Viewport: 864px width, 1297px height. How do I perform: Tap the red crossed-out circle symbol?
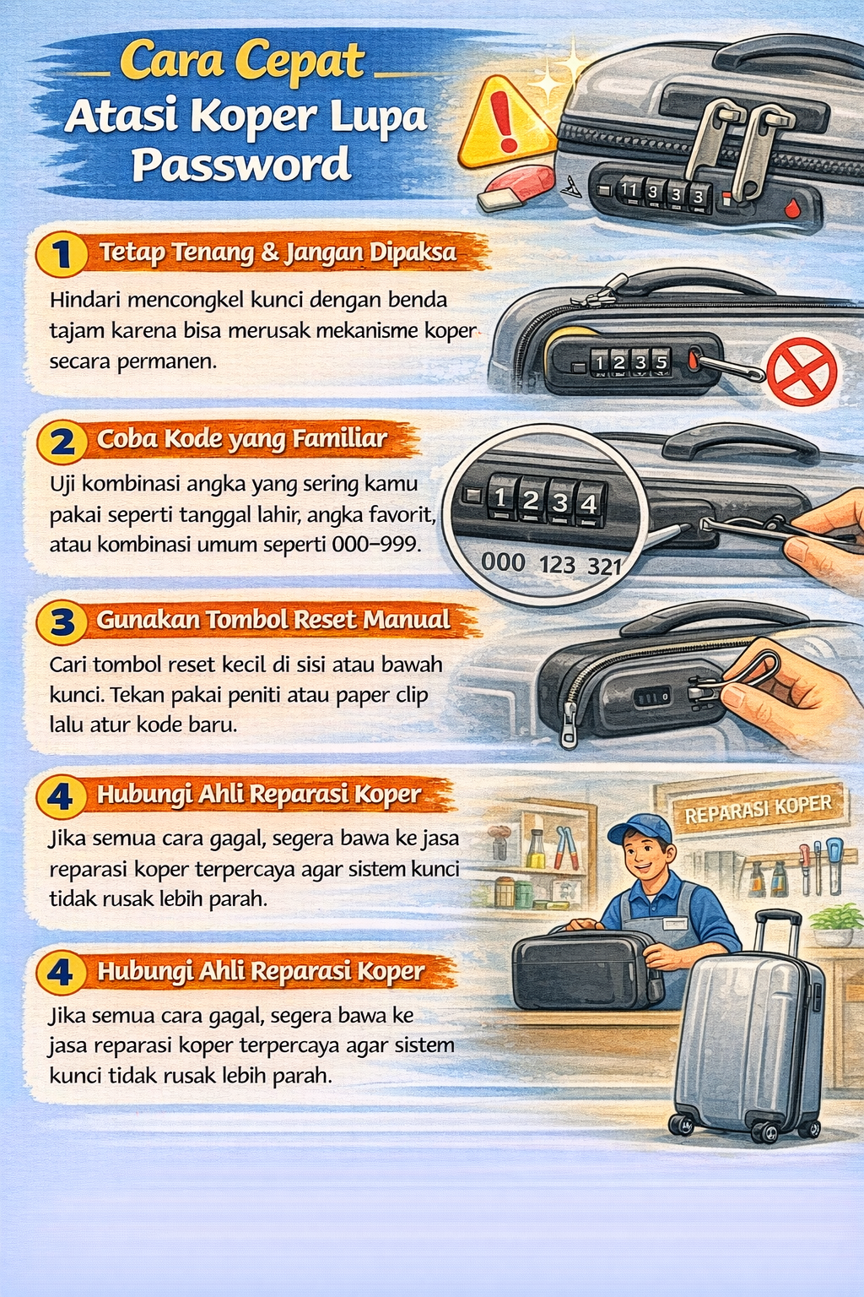[801, 372]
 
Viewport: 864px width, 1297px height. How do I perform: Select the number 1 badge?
[62, 254]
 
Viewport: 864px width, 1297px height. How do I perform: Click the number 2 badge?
[62, 442]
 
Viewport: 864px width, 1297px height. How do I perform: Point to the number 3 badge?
[62, 622]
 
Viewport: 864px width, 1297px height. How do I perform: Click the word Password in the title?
[241, 165]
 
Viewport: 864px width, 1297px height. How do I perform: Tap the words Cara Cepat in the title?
[242, 62]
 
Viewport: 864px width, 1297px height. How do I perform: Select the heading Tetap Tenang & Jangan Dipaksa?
[278, 252]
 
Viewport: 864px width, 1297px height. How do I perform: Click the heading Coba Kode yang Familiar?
[242, 439]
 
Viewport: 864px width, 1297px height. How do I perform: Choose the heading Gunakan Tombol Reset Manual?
[273, 620]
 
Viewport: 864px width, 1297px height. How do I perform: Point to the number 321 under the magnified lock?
[604, 567]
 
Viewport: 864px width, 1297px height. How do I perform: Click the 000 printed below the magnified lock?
[503, 562]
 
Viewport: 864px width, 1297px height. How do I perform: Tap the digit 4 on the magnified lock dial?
[589, 504]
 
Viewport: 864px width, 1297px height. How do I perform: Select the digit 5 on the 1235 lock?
[661, 362]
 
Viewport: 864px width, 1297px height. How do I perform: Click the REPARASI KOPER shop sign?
[758, 809]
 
